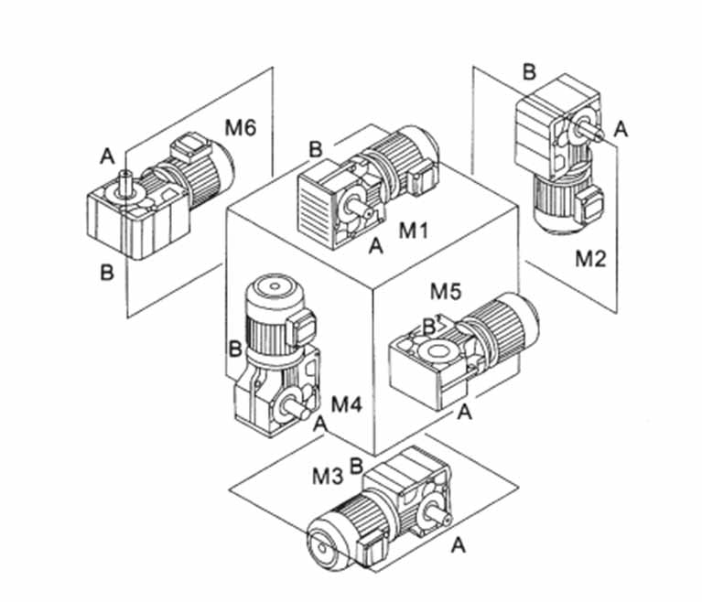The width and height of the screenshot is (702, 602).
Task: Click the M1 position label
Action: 413,231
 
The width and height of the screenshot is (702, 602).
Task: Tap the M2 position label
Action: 590,259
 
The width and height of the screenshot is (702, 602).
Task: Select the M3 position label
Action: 328,477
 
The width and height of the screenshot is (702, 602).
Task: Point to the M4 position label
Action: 346,404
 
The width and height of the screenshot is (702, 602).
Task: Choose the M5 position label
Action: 446,292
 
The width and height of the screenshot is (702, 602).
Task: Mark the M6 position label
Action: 241,128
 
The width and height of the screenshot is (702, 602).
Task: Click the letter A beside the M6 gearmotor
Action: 107,156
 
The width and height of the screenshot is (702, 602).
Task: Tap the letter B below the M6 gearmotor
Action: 107,272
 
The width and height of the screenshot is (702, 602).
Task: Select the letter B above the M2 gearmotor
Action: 529,72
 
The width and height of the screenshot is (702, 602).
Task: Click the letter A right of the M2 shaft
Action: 621,129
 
